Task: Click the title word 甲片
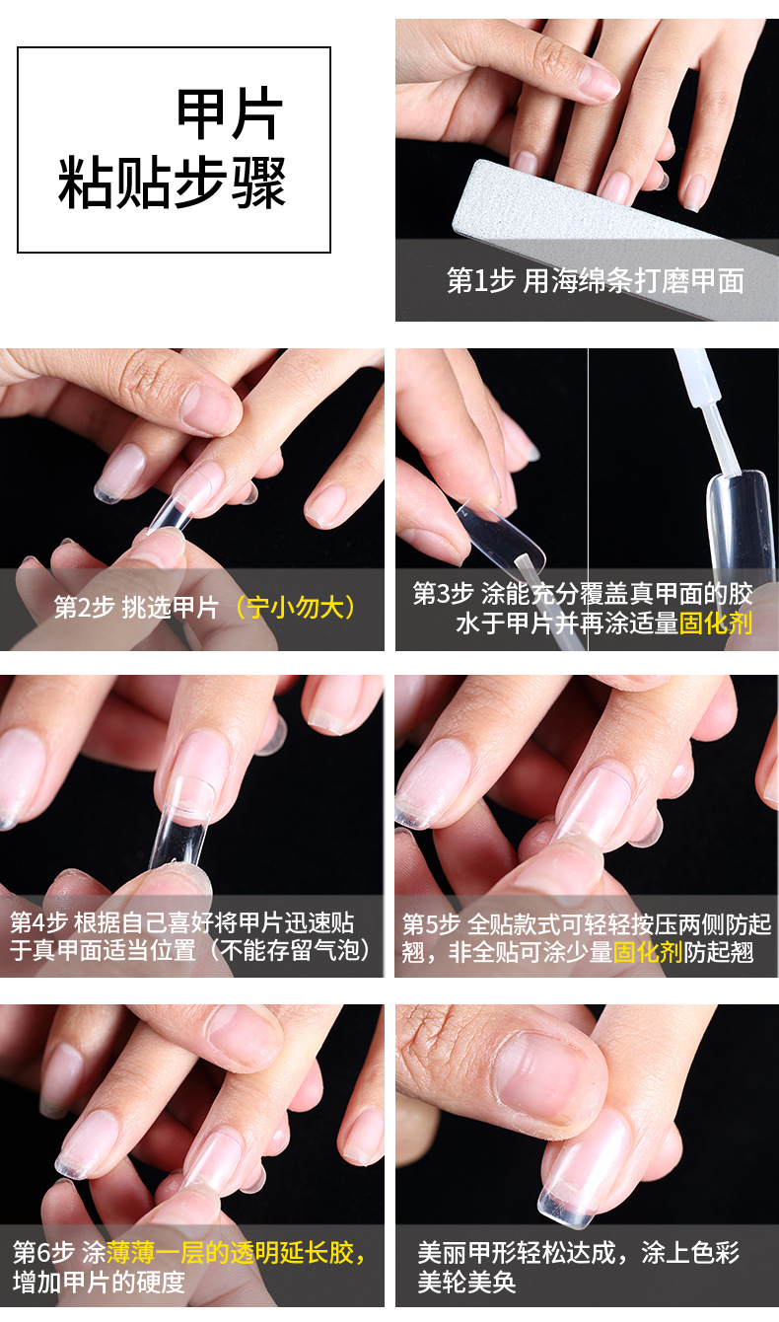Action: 230,115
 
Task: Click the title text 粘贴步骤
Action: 173,184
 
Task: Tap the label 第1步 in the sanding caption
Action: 480,281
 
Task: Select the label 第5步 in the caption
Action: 431,924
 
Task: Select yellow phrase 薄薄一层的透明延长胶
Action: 237,1253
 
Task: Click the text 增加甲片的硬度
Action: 99,1282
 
